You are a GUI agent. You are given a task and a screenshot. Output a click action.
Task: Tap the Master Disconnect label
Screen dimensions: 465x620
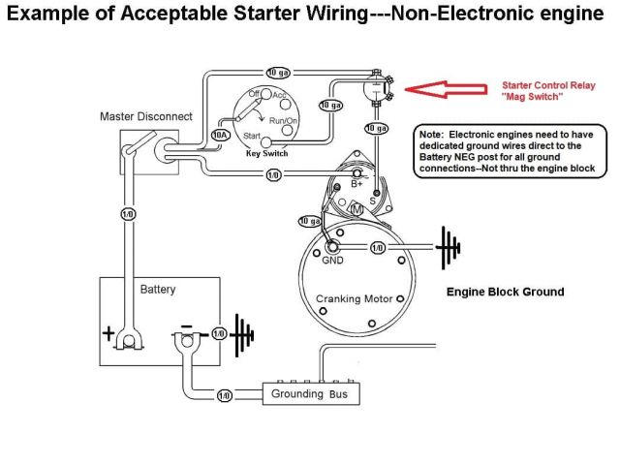coord(146,116)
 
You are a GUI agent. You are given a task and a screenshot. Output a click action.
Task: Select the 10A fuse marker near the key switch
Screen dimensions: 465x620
coord(221,135)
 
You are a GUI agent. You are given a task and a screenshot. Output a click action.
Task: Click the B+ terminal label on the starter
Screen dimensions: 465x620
coord(356,184)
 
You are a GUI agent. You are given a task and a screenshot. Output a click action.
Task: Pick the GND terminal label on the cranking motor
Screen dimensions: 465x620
coord(332,260)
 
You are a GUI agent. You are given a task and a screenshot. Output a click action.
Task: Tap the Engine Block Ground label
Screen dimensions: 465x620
coord(505,292)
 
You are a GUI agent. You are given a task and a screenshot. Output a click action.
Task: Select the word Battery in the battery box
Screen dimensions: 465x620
coord(158,290)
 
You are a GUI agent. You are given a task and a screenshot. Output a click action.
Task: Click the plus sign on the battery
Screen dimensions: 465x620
coord(107,335)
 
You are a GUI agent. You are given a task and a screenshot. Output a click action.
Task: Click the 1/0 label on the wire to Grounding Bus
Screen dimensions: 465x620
coord(225,395)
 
